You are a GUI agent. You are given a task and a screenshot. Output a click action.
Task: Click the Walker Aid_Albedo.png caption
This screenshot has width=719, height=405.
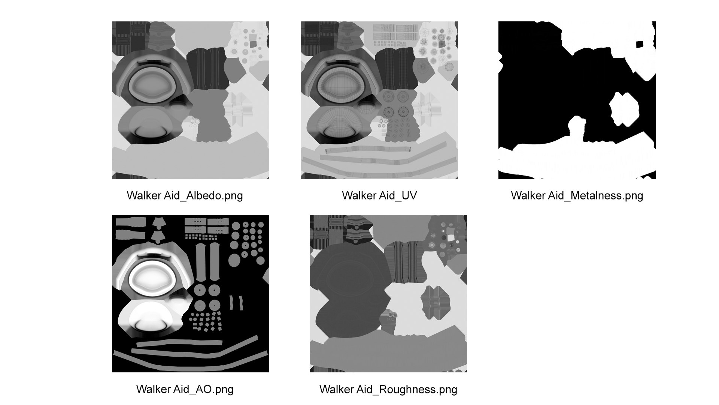tap(185, 196)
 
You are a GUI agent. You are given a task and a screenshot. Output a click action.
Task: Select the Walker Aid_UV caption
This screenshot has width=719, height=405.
tap(379, 195)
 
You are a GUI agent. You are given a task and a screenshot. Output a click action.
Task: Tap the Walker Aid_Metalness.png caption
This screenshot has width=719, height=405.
tap(577, 196)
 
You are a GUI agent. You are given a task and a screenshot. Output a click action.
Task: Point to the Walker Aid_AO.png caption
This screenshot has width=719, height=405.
tap(185, 389)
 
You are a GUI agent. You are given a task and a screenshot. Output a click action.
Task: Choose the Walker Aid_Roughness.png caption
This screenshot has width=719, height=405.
tap(388, 389)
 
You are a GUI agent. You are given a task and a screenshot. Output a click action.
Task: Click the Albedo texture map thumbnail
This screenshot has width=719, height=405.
tap(191, 100)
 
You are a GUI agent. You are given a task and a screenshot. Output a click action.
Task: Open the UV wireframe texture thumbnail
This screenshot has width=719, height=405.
tap(379, 100)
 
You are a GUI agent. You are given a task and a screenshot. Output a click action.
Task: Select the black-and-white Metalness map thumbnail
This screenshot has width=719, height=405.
tap(577, 100)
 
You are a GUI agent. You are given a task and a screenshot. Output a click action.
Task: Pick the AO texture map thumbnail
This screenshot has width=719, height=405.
tap(191, 294)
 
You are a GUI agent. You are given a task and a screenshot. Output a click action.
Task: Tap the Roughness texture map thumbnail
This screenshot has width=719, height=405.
tap(388, 294)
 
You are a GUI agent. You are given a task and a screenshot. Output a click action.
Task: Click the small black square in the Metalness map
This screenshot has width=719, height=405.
tap(640, 44)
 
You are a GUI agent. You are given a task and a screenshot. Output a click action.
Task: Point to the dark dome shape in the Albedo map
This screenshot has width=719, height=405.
tap(150, 135)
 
